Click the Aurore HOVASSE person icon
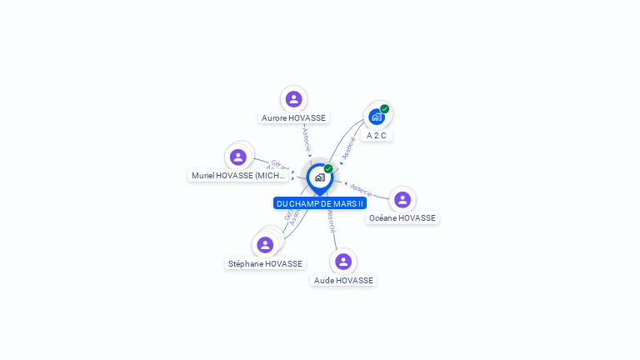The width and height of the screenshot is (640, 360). point(293,99)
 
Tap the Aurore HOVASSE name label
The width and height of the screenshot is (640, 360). point(293,118)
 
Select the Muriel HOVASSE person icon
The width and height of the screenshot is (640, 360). point(238,157)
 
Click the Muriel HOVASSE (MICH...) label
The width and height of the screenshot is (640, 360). point(239,176)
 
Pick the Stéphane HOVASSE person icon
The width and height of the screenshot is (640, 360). point(265,245)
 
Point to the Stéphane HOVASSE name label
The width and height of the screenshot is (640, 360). point(265,264)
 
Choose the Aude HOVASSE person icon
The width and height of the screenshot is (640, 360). point(343,262)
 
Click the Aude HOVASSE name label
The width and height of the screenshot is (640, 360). point(343,281)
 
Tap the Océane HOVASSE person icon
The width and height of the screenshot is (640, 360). point(402,199)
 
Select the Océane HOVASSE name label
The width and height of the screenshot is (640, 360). point(402,218)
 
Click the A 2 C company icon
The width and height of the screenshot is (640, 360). point(376,117)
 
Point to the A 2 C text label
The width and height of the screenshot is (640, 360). point(377,135)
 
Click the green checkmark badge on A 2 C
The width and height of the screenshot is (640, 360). point(385,108)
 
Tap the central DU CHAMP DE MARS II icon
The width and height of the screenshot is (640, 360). point(319,177)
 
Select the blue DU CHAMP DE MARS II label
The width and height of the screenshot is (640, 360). point(320,203)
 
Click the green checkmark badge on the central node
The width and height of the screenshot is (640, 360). point(328,168)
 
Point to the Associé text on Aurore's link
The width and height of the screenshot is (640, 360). point(307,138)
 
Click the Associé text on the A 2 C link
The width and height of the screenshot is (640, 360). point(349,147)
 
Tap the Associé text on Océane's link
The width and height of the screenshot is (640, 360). point(362,190)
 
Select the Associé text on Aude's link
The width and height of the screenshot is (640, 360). point(331,220)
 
